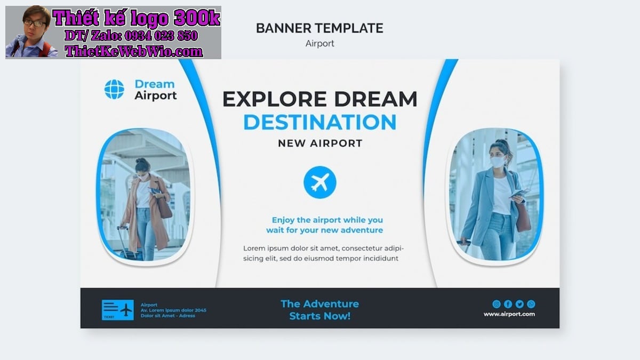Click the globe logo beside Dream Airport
(114, 89)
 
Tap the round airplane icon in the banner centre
(319, 182)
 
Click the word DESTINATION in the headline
(319, 122)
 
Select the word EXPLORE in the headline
(274, 99)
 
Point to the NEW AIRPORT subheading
(320, 143)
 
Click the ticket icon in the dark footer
(118, 310)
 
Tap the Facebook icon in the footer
(508, 304)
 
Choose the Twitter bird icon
(519, 304)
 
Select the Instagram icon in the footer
(497, 304)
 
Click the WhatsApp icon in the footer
(531, 304)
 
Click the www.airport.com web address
(509, 314)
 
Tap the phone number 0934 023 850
(161, 36)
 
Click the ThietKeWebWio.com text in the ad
(134, 51)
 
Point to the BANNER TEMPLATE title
(319, 28)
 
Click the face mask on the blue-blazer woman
(498, 162)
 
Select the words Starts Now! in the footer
(319, 316)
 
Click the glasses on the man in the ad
(35, 23)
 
